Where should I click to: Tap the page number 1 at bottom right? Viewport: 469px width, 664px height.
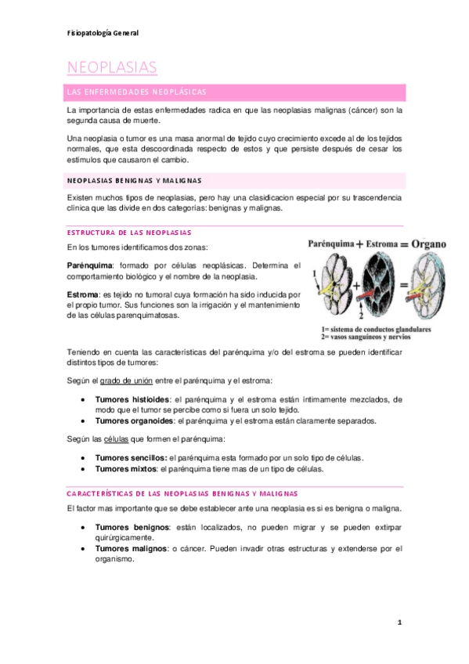coord(399,622)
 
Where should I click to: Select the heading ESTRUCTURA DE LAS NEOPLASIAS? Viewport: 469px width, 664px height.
coord(129,233)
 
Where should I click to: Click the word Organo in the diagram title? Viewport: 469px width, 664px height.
coord(424,244)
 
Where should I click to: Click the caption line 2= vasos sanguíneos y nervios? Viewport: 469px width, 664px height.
coord(366,337)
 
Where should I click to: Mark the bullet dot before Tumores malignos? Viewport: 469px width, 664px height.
coord(84,550)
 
